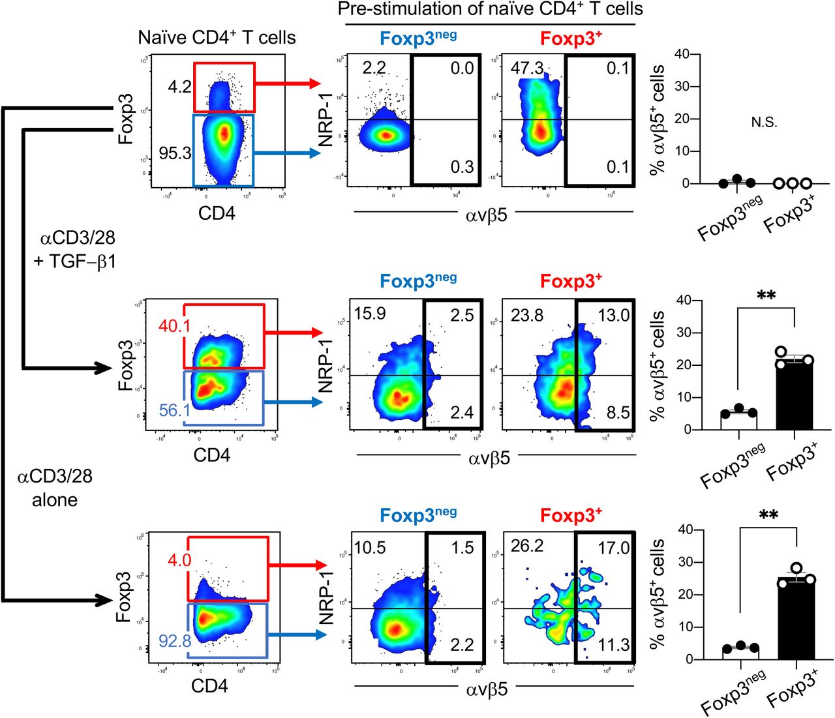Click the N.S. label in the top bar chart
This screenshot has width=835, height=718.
coord(764,123)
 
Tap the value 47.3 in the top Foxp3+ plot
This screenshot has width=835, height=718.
coord(527,68)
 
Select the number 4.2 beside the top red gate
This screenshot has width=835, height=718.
coord(179,87)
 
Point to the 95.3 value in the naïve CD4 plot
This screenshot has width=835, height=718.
coord(175,153)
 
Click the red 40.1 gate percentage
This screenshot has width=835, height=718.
coord(174,325)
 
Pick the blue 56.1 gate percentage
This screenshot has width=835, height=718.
coord(175,410)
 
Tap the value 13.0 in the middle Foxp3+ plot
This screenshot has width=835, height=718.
coord(613,316)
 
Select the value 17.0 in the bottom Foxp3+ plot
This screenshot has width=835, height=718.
coord(613,547)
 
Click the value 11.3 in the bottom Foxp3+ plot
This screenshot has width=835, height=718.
coord(613,645)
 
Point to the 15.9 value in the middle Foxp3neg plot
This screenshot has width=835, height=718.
coord(370,314)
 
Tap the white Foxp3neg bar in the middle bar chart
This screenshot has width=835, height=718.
coord(738,421)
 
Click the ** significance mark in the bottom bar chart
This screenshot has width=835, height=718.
coord(768,516)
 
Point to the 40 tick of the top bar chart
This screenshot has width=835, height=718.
coord(682,54)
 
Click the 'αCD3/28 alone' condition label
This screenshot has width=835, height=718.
coord(55,488)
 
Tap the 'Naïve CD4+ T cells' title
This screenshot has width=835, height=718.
coord(217,38)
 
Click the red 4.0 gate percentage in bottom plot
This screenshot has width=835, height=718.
coord(179,560)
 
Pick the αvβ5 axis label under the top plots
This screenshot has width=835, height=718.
coord(487,215)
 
